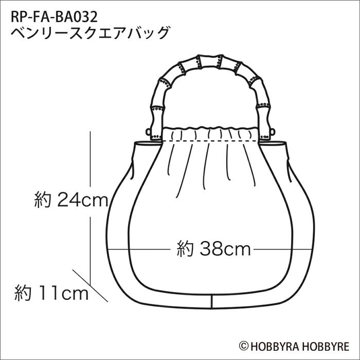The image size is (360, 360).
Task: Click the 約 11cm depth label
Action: point(51,294)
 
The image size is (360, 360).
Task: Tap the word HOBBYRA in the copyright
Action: point(272,346)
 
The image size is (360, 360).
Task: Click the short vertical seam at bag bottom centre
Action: point(211,302)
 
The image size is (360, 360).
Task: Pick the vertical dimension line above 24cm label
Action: point(91,159)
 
